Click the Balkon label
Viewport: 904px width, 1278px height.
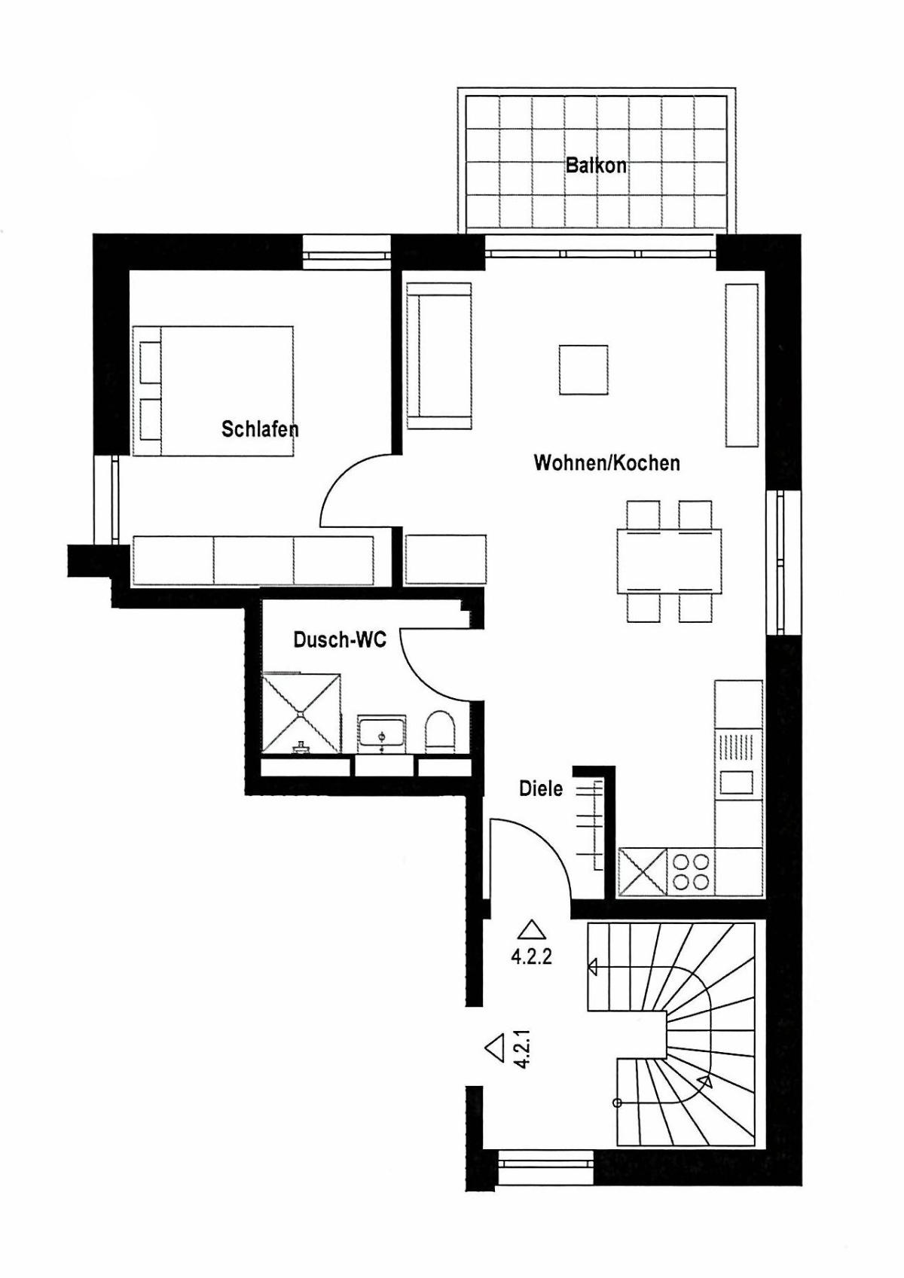(596, 166)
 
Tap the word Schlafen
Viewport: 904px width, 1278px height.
(260, 429)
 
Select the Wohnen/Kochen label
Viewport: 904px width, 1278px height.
(606, 462)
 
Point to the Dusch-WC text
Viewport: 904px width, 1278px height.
(340, 640)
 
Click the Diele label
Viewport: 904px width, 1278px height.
(540, 788)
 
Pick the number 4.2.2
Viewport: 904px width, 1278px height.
(531, 956)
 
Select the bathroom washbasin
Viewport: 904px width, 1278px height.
(381, 734)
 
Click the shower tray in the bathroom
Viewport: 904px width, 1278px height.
(301, 714)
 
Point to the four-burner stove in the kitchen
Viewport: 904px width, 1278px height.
(691, 871)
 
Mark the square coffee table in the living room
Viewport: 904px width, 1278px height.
(583, 370)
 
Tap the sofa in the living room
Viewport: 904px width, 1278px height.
(439, 356)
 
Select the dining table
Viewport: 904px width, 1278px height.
(669, 561)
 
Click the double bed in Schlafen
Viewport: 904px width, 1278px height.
(213, 391)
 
